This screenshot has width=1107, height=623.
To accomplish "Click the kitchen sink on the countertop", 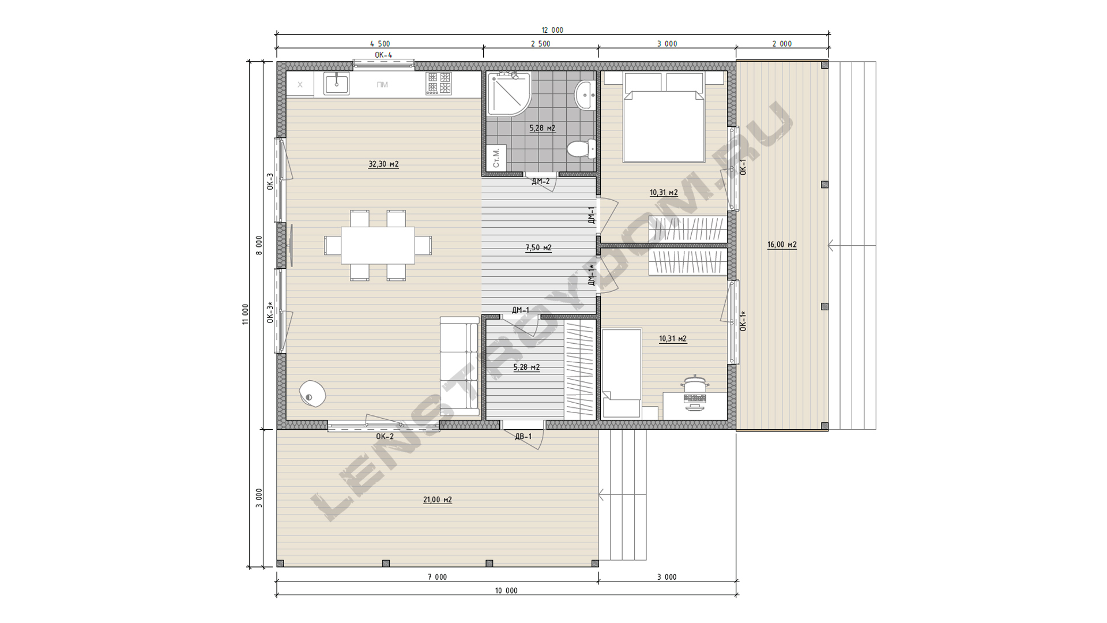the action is click(336, 84).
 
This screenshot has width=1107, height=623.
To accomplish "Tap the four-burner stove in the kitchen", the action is click(439, 83).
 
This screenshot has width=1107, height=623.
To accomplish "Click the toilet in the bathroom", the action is click(581, 149).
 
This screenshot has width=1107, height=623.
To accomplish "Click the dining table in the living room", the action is click(378, 245).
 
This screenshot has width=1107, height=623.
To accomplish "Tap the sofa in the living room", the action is click(460, 366).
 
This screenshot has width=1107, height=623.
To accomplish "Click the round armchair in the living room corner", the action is click(312, 394).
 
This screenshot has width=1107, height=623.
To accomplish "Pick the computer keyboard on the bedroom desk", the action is click(695, 399).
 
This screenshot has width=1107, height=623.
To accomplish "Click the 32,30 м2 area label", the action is click(383, 164).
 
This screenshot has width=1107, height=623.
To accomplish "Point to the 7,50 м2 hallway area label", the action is click(539, 248).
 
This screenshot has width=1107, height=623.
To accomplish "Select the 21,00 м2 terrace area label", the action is click(438, 500).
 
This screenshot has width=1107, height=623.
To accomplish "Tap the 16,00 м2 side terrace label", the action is click(782, 245).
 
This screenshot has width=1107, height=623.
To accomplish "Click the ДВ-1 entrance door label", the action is click(524, 437).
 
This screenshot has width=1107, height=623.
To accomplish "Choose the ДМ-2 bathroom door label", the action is click(541, 182).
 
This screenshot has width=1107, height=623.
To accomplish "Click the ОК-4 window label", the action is click(383, 55).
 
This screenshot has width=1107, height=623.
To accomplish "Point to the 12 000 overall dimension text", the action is click(552, 30).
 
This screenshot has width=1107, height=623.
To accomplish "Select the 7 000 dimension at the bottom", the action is click(438, 577).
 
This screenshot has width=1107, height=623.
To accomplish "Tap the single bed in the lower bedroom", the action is click(622, 373).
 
